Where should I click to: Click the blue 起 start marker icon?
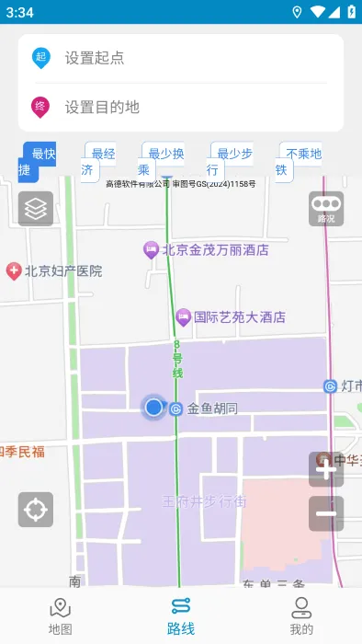tap(40, 58)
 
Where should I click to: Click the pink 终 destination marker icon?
tap(40, 107)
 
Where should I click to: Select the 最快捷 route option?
tap(38, 162)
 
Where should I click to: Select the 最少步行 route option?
tap(230, 162)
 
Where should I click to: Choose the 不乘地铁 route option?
tap(299, 162)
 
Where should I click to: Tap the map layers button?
tap(36, 209)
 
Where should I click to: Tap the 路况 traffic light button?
tap(326, 209)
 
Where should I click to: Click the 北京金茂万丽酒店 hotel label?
tap(215, 249)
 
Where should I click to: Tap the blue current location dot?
tap(153, 407)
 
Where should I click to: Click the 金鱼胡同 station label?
tap(211, 408)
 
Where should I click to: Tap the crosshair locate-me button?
tap(36, 509)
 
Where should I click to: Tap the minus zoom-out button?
tap(326, 513)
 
